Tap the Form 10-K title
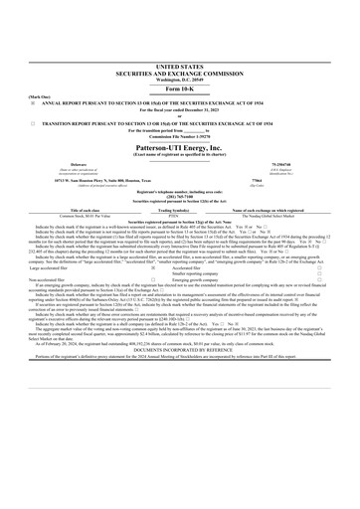(x=179, y=61)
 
